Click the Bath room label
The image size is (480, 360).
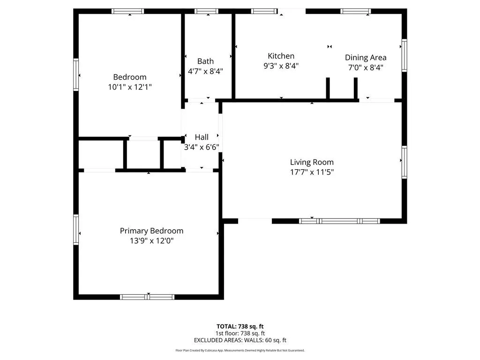coord(205,61)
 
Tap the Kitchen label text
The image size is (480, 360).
coord(281,56)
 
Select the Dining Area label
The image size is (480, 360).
coord(366,58)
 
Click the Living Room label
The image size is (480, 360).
coord(312,162)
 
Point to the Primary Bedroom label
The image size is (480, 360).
coord(151,231)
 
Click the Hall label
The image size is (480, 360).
coord(202,137)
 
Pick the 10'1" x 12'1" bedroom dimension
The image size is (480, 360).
coord(130,87)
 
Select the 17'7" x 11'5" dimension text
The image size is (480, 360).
coord(312,172)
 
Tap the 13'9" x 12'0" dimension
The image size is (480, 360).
coord(151,240)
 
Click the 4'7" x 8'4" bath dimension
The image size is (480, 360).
coord(205,71)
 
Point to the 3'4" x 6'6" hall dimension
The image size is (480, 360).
coord(202,147)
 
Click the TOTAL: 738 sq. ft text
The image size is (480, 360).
coord(240,326)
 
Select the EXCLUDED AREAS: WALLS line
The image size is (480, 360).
coord(240,340)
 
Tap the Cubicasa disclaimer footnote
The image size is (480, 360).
coord(240,350)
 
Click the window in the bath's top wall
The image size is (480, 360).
coord(206,11)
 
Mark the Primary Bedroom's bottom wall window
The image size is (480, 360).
coord(147,297)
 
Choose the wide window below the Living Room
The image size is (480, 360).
coord(339,221)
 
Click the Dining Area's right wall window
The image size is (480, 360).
coord(405,55)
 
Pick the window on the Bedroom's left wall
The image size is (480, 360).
coord(76,75)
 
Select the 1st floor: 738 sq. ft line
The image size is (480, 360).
coord(240,333)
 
